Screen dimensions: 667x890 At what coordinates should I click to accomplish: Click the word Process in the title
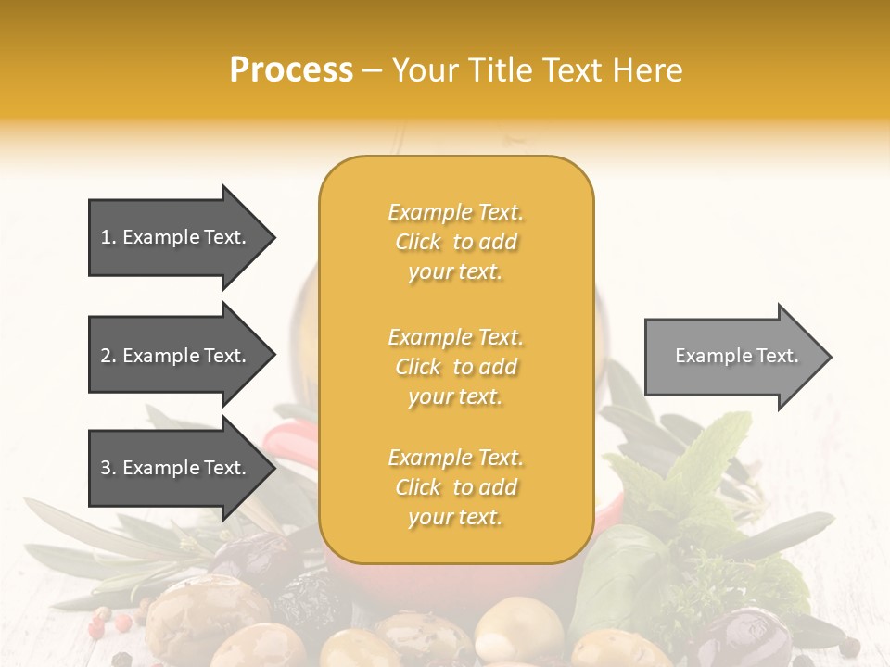[291, 70]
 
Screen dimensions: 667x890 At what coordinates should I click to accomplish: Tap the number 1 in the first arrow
[106, 237]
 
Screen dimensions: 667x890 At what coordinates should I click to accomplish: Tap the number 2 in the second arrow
[106, 356]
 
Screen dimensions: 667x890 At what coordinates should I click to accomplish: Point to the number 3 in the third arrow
[106, 469]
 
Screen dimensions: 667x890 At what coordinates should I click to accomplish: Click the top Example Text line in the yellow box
[455, 212]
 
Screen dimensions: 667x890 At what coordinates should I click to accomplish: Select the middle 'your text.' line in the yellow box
[455, 396]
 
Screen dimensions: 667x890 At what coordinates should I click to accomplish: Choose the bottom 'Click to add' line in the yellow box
[455, 487]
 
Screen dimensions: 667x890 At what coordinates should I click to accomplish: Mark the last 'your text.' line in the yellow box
[455, 518]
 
